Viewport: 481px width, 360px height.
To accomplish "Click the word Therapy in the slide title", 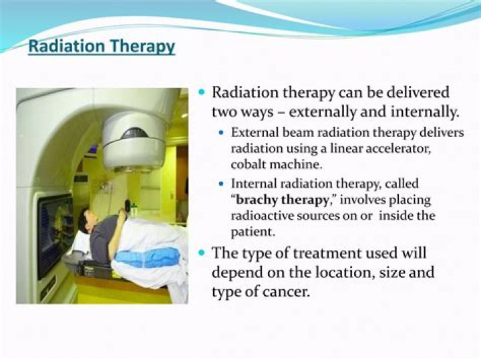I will point(141,47).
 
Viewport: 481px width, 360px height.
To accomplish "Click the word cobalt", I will point(247,162).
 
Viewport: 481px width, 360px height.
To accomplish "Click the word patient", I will point(251,231).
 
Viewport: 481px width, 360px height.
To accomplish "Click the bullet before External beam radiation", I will point(222,133).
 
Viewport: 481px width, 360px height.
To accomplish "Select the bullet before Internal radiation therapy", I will point(222,183).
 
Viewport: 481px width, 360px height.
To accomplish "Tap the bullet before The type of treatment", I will point(203,254).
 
